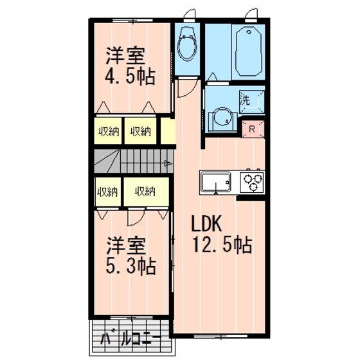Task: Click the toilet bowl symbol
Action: (188, 44)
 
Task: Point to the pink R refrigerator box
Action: (253, 128)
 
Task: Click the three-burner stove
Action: (251, 181)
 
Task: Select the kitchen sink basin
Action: (218, 181)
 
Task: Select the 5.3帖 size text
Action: (130, 265)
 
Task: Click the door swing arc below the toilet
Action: (183, 88)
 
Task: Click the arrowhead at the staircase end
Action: (169, 163)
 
